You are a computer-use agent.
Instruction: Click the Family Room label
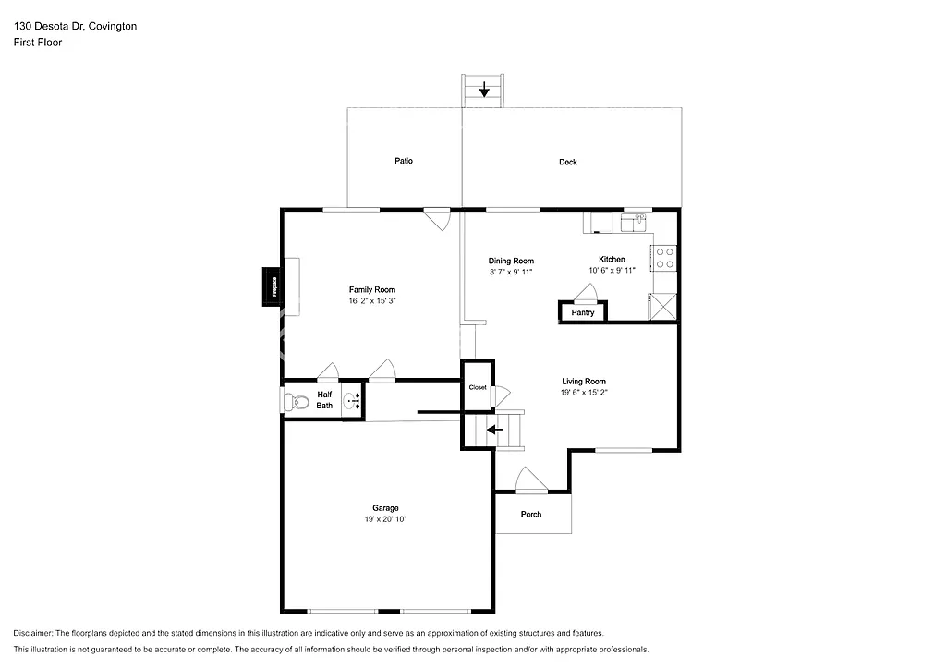pos(371,290)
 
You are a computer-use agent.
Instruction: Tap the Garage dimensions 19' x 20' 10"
pos(385,520)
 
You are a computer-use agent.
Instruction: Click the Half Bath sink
pos(351,401)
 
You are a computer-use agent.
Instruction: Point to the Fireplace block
pos(273,286)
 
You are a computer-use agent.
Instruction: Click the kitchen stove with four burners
pos(665,258)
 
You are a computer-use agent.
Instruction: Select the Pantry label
pos(583,312)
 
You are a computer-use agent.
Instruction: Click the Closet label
pos(478,387)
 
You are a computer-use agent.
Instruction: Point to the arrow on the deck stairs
pos(484,90)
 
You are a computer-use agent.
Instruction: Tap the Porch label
pos(531,514)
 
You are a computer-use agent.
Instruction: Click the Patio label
pos(404,161)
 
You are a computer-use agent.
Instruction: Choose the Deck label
pos(568,162)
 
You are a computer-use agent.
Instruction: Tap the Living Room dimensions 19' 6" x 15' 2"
pos(584,393)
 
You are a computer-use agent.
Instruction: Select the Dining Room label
pos(511,261)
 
